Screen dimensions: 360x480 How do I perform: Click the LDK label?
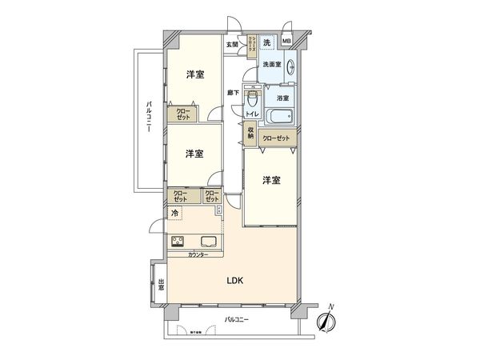(234, 280)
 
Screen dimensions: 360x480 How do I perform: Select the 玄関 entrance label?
(232, 45)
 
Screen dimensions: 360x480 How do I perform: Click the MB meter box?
(286, 42)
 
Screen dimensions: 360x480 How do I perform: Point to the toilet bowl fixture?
(254, 102)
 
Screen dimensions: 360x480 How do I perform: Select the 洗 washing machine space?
(267, 42)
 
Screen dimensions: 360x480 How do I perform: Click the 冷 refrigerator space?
(174, 214)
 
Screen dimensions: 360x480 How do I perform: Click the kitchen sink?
(208, 243)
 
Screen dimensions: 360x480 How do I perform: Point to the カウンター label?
(198, 254)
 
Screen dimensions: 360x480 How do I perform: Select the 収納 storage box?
(250, 134)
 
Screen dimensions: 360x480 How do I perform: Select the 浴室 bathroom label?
(282, 98)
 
